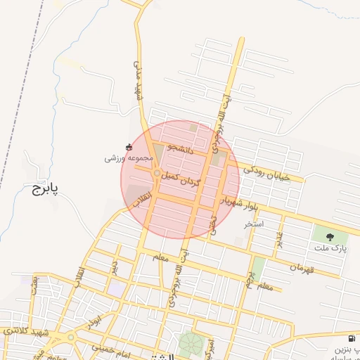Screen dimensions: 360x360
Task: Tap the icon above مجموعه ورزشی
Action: click(x=128, y=147)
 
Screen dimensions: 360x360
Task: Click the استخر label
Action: click(x=253, y=224)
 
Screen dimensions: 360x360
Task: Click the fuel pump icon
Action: click(x=352, y=339)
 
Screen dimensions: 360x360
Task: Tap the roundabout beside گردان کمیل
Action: click(x=155, y=173)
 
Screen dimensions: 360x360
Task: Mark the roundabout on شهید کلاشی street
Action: click(x=70, y=337)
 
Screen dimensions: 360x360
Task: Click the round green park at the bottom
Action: click(x=188, y=345)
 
